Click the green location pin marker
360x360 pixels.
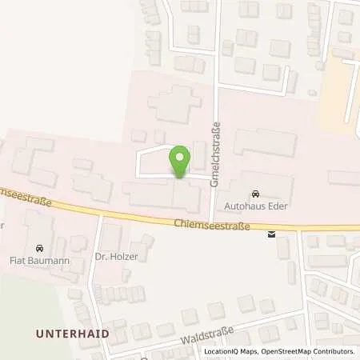click(181, 159)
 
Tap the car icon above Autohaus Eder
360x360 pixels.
click(255, 194)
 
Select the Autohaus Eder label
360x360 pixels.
click(254, 206)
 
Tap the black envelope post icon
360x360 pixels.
click(272, 234)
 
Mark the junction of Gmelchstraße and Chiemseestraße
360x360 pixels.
click(210, 222)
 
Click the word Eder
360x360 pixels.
click(274, 206)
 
